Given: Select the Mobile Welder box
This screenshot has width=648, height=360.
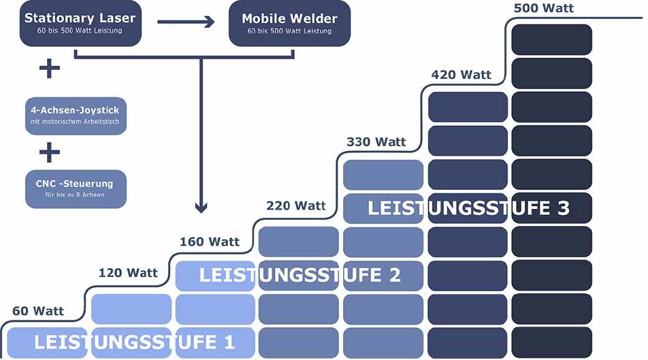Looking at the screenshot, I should tap(289, 23).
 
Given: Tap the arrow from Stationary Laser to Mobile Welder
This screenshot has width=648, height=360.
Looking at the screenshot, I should tap(186, 22).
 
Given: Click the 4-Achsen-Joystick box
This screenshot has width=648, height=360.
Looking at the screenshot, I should tap(76, 116).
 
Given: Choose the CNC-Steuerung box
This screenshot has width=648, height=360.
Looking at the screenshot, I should tap(76, 189).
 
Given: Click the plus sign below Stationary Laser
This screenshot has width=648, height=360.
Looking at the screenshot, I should tap(49, 69).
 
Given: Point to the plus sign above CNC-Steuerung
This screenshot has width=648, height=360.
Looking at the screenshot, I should tap(49, 152).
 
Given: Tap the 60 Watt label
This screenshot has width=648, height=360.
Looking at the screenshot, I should tap(38, 311).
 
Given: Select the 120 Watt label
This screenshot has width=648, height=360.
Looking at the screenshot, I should tap(128, 273).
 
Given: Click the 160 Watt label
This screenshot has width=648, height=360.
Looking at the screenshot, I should tap(210, 242).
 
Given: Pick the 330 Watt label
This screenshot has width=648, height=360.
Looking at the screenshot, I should tap(376, 142).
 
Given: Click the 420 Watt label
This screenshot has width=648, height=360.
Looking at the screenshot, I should tap(461, 75).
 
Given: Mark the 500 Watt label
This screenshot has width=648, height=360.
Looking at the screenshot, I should tap(544, 9).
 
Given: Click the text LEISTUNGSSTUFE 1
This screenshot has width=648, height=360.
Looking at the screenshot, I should tap(134, 341).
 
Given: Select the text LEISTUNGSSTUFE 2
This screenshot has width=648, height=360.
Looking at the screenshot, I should tap(299, 275).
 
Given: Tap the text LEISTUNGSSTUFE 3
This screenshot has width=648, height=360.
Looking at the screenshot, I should tap(468, 208).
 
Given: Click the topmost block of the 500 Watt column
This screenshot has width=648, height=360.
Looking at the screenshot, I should tap(551, 39).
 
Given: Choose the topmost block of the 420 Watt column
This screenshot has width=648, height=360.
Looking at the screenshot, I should tap(468, 107).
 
